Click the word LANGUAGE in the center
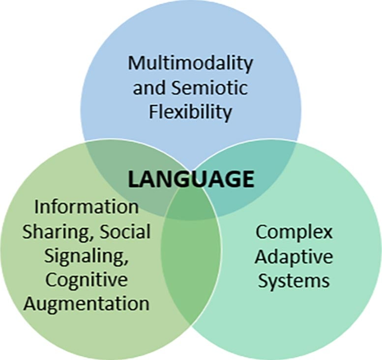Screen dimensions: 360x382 point(191,179)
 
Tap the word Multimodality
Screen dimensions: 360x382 point(190,63)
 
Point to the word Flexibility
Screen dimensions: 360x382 point(190,112)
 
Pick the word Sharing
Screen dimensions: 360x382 point(52,232)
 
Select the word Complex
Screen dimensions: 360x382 point(294,232)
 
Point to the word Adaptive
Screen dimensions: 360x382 point(294,256)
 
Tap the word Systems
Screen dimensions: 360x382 point(294,280)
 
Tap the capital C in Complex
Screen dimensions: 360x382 point(261,231)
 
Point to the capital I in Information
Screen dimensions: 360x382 point(36,207)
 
